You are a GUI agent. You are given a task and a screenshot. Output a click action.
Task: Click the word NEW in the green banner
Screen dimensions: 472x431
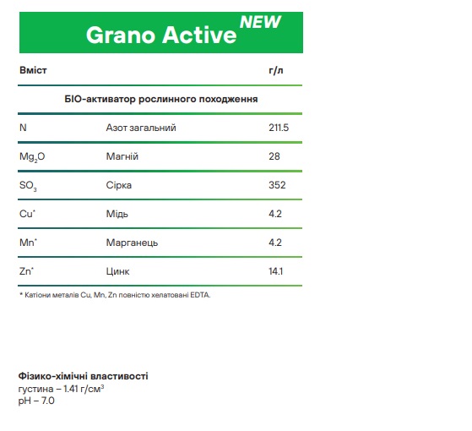260,22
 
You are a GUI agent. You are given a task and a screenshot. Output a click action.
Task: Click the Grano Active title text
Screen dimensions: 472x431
161,35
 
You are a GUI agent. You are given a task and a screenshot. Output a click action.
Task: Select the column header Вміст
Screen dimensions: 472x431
33,70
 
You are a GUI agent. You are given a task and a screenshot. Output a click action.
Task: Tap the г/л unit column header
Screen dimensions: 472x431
276,70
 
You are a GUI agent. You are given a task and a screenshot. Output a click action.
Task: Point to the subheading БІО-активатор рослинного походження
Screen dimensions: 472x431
161,99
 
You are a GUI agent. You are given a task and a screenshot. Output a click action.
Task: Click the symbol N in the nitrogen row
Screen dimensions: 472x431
23,128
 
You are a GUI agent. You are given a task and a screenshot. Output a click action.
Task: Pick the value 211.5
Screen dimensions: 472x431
279,128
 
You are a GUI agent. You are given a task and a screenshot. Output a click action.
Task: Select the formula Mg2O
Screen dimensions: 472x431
32,157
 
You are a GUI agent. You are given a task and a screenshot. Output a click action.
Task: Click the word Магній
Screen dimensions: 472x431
122,156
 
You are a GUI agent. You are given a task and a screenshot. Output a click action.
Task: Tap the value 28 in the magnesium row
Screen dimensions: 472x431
274,156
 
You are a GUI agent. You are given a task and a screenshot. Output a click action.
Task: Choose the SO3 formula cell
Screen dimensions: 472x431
28,186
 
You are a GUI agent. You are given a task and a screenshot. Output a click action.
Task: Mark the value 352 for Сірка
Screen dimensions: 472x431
277,185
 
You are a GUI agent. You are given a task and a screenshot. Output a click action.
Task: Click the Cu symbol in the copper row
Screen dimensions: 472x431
27,214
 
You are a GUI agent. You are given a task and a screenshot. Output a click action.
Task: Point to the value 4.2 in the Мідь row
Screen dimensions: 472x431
275,214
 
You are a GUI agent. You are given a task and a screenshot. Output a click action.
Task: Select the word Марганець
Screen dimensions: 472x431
132,243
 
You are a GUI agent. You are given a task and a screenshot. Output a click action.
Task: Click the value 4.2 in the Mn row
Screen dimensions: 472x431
275,243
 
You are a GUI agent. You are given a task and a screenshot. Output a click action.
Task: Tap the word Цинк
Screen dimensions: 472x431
117,271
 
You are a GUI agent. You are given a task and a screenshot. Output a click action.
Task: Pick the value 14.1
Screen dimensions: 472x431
275,271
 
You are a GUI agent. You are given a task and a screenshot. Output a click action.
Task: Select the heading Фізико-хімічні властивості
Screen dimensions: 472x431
83,376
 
